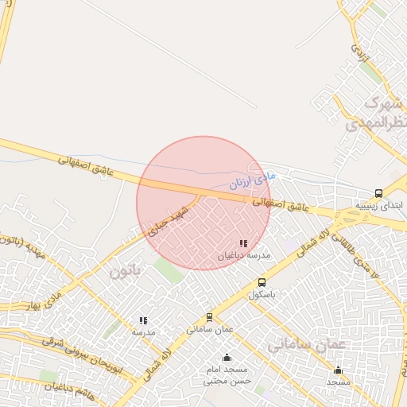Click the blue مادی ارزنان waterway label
[250, 177]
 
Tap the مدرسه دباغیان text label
[244, 256]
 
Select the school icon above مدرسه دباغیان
[243, 244]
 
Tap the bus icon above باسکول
[262, 283]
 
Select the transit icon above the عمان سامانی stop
[210, 317]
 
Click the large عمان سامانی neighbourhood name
[308, 344]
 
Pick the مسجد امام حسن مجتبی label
[227, 375]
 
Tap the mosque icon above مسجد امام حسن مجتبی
[227, 357]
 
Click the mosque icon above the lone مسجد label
[338, 370]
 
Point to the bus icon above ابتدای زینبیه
[378, 193]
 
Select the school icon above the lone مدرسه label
[143, 320]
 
